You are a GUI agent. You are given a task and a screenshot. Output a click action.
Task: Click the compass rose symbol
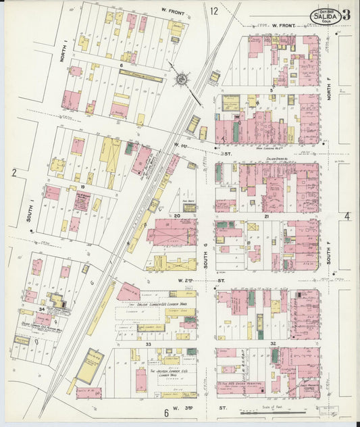(182, 80)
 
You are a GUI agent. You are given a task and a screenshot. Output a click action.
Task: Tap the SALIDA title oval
(325, 15)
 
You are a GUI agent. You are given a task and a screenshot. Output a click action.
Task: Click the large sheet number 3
(346, 15)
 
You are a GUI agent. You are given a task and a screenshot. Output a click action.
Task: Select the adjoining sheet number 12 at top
(213, 11)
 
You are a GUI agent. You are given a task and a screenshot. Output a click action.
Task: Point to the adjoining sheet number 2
(14, 173)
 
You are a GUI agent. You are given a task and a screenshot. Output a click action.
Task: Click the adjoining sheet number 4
(347, 216)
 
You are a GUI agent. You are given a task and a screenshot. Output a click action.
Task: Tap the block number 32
(273, 344)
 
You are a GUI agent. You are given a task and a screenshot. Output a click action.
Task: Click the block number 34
(41, 309)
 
